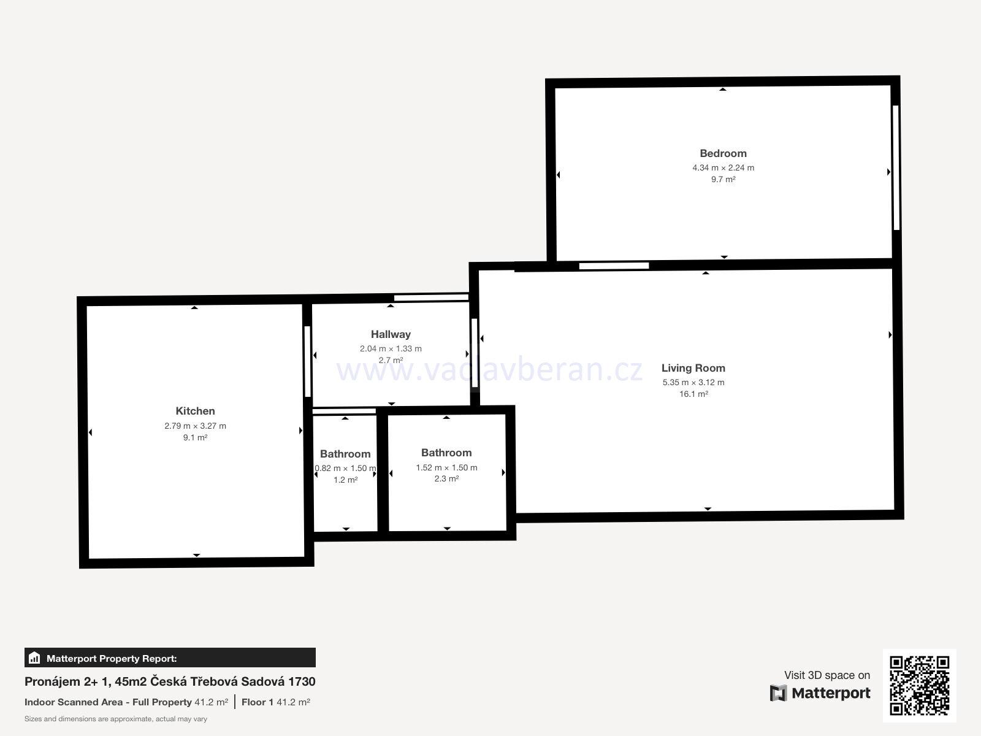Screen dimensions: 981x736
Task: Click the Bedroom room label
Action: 723,153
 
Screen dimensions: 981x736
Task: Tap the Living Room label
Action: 693,368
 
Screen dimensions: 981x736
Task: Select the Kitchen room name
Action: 195,411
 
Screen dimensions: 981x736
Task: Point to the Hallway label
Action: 391,334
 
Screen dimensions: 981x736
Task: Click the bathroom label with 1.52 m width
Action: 446,453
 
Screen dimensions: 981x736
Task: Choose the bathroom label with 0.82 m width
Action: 345,454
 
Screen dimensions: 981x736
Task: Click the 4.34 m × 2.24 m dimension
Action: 723,168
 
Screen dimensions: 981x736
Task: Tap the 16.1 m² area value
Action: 693,394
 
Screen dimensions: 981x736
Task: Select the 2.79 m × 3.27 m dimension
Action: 196,426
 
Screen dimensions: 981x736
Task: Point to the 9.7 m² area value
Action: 723,180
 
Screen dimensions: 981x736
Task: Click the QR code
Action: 919,686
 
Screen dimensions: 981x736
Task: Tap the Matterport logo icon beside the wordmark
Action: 778,692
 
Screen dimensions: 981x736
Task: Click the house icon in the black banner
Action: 34,657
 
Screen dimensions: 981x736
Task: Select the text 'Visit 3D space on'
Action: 827,675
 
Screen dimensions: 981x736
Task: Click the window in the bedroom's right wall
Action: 896,167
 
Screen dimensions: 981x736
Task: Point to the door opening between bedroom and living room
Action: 614,266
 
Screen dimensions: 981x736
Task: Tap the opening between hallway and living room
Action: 475,353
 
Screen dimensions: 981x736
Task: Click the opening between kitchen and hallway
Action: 308,361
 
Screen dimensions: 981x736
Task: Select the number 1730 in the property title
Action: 302,681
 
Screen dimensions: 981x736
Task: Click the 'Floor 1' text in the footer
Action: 257,702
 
